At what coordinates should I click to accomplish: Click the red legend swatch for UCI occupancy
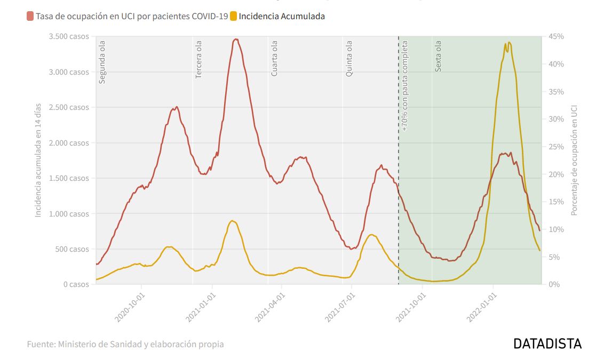30,16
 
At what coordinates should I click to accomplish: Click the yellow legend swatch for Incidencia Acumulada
233,16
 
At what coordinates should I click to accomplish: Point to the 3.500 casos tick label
70,36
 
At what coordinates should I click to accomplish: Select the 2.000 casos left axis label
70,143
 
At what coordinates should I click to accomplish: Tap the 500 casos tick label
74,249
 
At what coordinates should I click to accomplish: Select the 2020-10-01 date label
130,307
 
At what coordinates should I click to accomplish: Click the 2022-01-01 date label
481,307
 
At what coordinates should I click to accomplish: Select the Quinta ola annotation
349,59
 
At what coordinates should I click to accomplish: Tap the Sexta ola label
439,57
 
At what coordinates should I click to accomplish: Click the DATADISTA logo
547,343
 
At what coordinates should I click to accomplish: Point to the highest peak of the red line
236,39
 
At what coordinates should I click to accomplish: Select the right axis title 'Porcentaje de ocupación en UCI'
574,160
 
